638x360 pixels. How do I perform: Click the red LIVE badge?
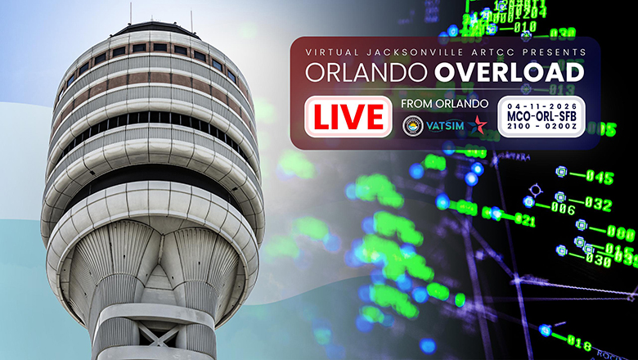coord(348,117)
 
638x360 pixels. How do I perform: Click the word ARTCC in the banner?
coord(489,52)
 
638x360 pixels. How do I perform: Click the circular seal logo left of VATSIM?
coord(414,126)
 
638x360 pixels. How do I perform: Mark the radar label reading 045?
coord(600,178)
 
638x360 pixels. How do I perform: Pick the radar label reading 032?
coord(597,204)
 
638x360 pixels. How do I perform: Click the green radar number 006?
coord(562,209)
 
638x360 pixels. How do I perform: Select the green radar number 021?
coord(524,220)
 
